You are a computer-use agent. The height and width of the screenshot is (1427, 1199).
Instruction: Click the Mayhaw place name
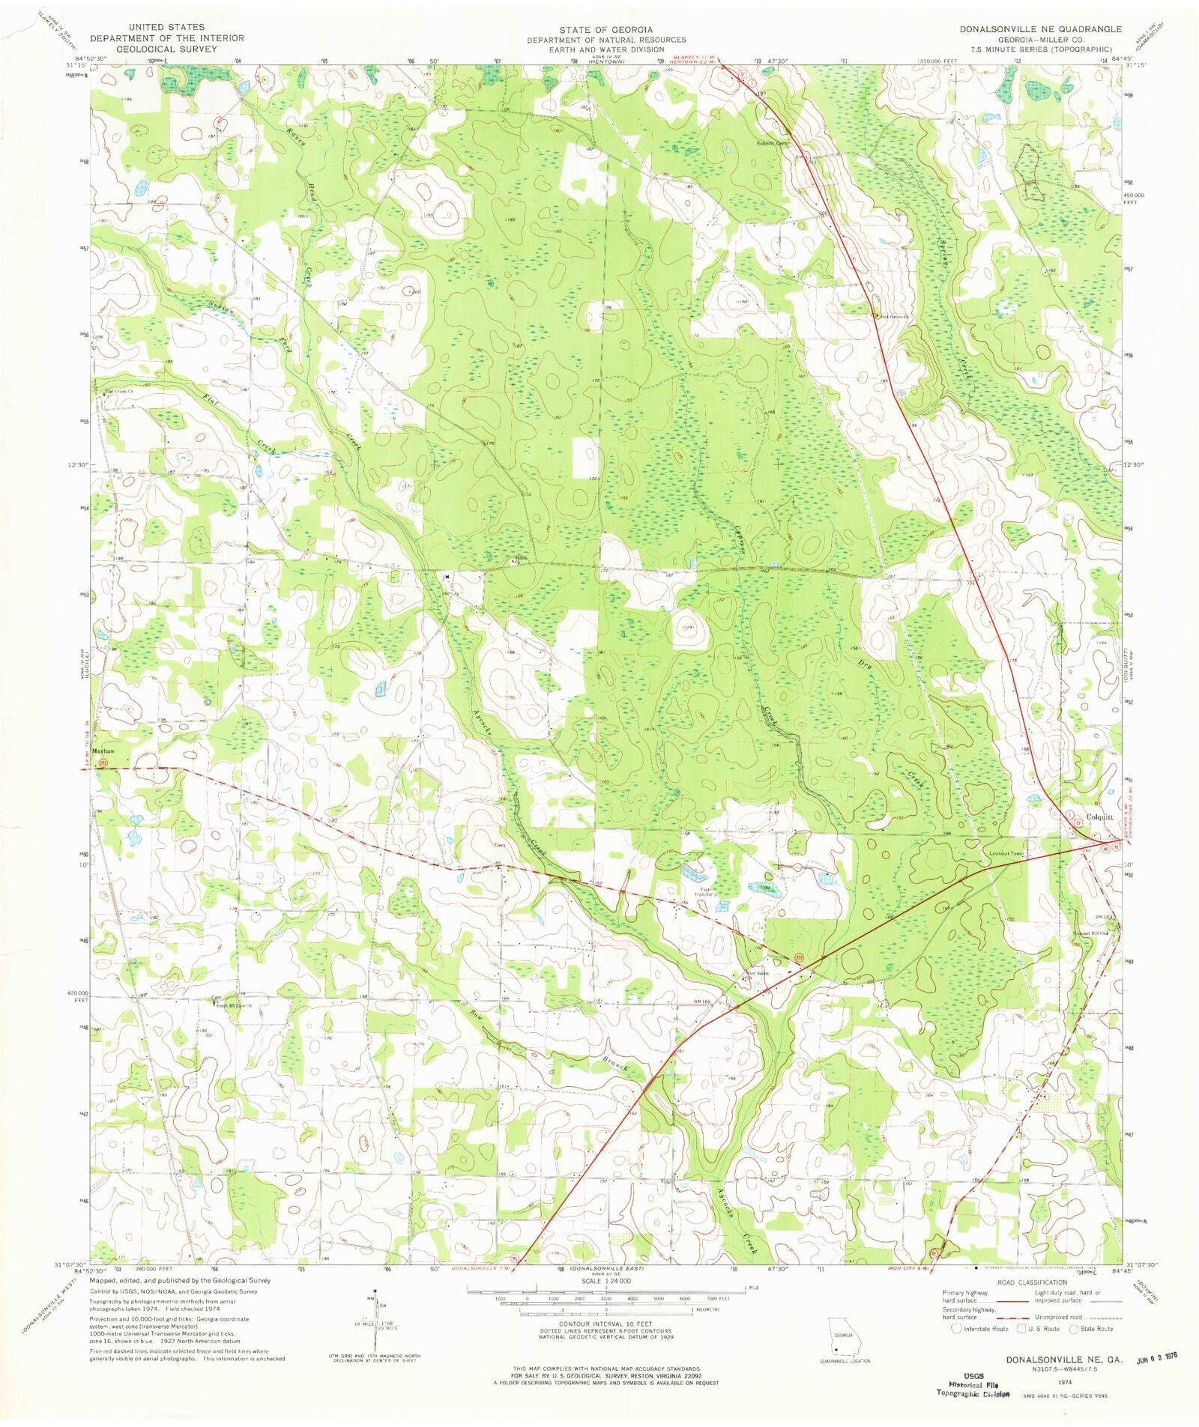coord(103,751)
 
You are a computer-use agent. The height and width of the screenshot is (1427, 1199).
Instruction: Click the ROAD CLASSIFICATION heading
coord(1031,1283)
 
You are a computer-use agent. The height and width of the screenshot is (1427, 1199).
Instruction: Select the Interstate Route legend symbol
coord(956,1329)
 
